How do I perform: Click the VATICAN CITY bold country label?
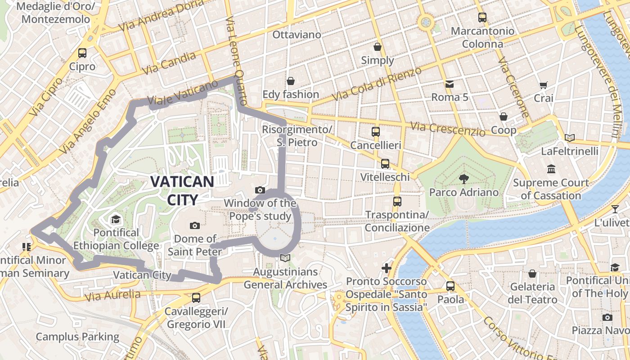(182, 190)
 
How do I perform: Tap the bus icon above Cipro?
(82, 53)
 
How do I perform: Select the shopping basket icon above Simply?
(378, 47)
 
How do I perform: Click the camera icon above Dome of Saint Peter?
(195, 225)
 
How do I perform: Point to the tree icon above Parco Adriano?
(463, 179)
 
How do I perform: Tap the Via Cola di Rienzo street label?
(377, 84)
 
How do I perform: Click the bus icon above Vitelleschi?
(385, 164)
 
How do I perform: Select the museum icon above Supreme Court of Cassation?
(551, 170)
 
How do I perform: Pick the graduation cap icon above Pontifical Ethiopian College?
(116, 220)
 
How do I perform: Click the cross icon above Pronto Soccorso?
(387, 269)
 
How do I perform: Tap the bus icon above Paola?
(450, 286)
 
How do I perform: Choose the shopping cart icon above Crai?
(544, 85)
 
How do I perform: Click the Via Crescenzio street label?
(448, 129)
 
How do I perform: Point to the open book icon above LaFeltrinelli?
(570, 138)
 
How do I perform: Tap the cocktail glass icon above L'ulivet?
(615, 209)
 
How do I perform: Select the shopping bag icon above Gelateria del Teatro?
(532, 274)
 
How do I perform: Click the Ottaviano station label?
(297, 35)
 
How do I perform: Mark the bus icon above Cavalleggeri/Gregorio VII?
(196, 298)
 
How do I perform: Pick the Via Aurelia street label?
(112, 296)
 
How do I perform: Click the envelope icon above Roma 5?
(450, 84)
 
